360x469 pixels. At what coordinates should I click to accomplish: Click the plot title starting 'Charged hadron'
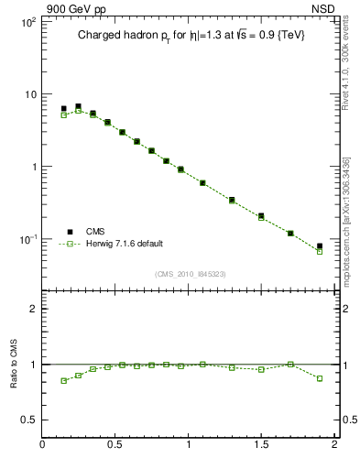click(x=190, y=35)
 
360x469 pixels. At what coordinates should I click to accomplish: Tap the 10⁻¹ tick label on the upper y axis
click(x=27, y=239)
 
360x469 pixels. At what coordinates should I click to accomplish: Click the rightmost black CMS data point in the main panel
click(x=319, y=245)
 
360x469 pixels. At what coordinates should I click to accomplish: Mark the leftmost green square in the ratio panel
click(x=63, y=380)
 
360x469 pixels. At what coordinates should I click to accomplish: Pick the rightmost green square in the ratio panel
click(x=319, y=377)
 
